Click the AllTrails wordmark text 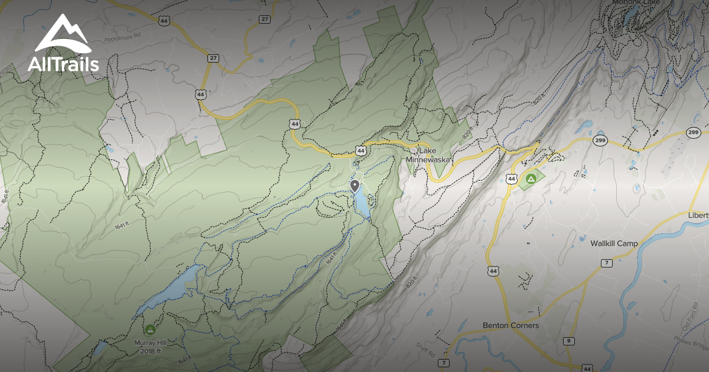pyautogui.click(x=63, y=64)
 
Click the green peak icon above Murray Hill pyautogui.click(x=149, y=329)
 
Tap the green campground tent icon pyautogui.click(x=531, y=177)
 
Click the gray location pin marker pyautogui.click(x=354, y=187)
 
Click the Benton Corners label pyautogui.click(x=510, y=325)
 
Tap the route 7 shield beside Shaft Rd pyautogui.click(x=444, y=363)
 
